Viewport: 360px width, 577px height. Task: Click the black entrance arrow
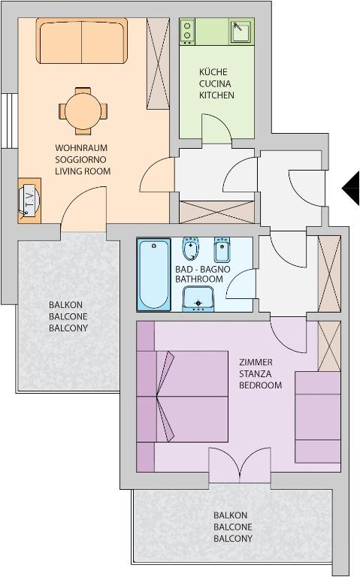[x=351, y=188]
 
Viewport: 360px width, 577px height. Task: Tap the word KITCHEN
[x=216, y=95]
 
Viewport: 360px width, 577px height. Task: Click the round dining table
[x=83, y=110]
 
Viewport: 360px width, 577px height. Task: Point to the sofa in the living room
[x=82, y=41]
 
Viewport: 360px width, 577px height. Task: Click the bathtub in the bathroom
[x=154, y=274]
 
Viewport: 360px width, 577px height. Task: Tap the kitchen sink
[x=241, y=32]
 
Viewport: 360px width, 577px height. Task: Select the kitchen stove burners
[x=187, y=31]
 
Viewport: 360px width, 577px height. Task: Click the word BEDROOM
[x=260, y=385]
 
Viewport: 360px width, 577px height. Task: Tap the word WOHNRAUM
[x=81, y=148]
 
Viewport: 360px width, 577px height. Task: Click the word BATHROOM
[x=198, y=279]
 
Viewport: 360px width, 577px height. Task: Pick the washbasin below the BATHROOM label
[x=198, y=299]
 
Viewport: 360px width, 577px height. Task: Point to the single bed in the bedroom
[x=318, y=417]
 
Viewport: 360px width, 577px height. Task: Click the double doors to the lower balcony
[x=240, y=464]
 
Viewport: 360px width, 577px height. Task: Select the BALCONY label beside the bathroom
[x=68, y=328]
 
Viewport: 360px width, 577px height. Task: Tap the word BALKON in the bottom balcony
[x=231, y=515]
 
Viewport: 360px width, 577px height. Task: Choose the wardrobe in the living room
[x=158, y=63]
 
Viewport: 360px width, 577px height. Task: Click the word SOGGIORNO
[x=80, y=160]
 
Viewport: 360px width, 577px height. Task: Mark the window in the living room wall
[x=9, y=121]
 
